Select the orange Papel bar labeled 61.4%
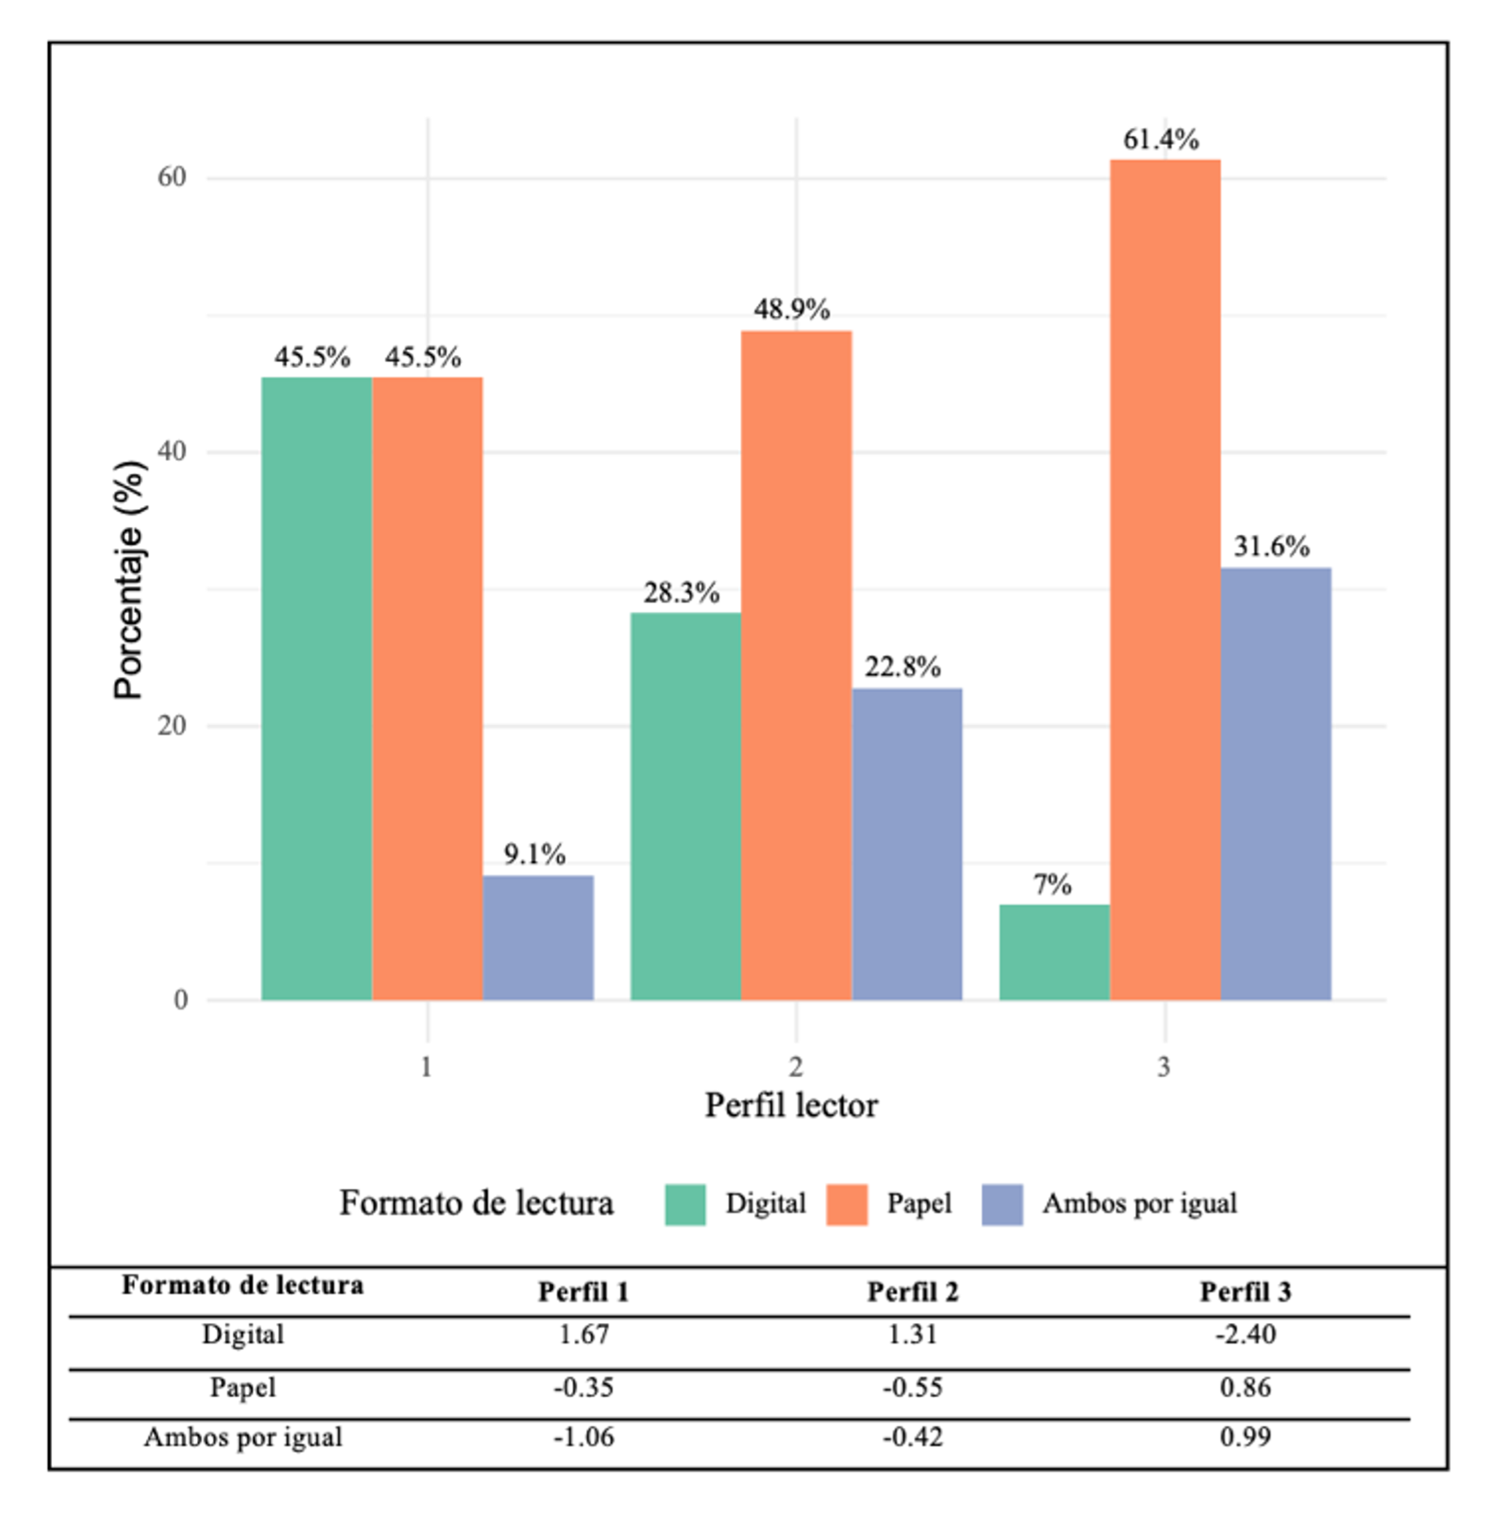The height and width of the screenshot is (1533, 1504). coord(1164,579)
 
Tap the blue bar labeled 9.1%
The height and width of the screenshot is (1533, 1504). coord(537,937)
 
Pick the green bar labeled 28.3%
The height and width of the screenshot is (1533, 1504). coord(685,805)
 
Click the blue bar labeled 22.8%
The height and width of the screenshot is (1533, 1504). coord(906,843)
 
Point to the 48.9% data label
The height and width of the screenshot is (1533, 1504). coord(791,309)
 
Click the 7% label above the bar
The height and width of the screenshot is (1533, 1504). coord(1052,884)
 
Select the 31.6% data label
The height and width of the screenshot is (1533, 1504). coord(1271,546)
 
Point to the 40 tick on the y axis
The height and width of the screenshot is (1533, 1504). coord(172,451)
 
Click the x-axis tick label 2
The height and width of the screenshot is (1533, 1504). coord(796,1066)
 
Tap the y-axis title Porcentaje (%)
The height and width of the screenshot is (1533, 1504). coord(129,580)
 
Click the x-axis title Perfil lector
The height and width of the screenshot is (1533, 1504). coord(791,1106)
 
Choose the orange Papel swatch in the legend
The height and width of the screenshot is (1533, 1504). coord(847,1204)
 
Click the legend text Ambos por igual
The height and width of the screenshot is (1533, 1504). coord(1139,1203)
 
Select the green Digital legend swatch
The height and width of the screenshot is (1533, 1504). coord(685,1204)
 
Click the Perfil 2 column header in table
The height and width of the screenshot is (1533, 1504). coord(912,1292)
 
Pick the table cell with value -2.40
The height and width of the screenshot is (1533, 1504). coord(1245,1334)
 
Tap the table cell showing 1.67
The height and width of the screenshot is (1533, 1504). coord(584,1334)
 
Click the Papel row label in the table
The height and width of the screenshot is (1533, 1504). coord(243,1386)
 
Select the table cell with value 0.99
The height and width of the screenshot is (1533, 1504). coord(1245,1437)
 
